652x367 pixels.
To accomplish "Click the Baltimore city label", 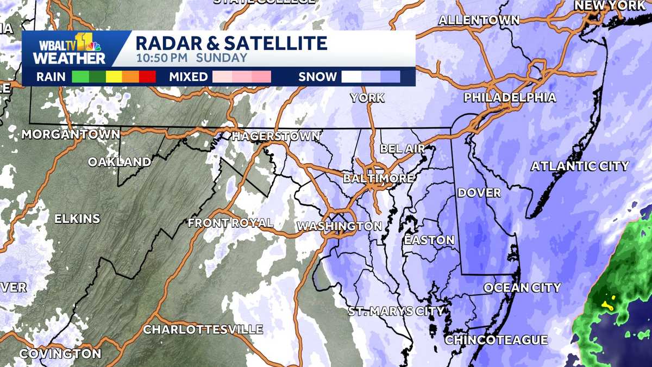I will tap(379, 178).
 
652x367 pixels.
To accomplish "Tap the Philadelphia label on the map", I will tap(510, 98).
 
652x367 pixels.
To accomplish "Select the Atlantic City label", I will tap(579, 166).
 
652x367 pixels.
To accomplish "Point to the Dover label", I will tap(479, 193).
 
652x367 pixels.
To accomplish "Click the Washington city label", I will tap(340, 226).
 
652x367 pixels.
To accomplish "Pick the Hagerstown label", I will tap(276, 136).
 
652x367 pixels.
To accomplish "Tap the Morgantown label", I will tap(71, 134).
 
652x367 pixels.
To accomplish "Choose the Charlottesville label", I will tap(203, 329).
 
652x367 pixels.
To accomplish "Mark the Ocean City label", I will tap(522, 288).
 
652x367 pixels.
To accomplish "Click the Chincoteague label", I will tap(496, 340).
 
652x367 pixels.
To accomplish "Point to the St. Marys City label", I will tap(396, 312).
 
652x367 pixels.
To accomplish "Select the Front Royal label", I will tap(230, 223).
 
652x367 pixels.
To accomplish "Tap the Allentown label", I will tap(479, 21).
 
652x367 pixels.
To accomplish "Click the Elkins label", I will tap(77, 219).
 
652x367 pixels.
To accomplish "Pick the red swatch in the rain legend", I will tap(148, 77).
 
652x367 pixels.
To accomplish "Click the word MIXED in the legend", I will tap(188, 77).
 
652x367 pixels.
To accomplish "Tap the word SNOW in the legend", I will tap(317, 77).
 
